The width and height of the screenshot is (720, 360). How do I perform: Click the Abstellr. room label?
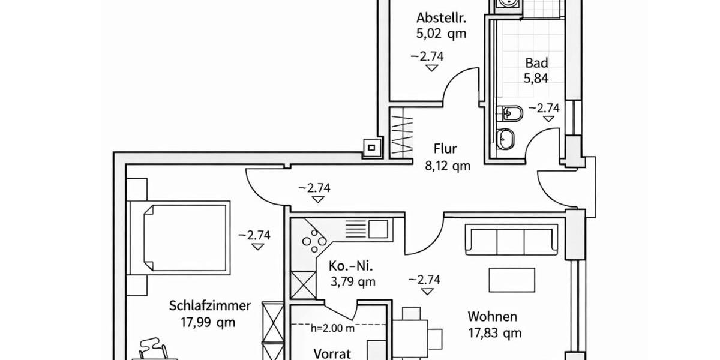(x=441, y=17)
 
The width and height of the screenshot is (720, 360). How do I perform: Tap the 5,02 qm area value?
(x=441, y=34)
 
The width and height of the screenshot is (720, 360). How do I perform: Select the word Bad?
(x=536, y=62)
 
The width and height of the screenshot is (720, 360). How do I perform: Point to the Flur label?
(x=445, y=149)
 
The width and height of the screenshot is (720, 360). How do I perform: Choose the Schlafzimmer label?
(x=209, y=306)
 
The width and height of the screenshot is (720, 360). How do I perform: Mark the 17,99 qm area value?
(x=208, y=322)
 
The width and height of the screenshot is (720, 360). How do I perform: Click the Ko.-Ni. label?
(x=349, y=265)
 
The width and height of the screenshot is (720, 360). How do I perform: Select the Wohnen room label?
(x=492, y=316)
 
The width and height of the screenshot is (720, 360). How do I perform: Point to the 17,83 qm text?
(x=494, y=332)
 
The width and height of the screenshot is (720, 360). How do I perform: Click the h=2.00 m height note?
(x=332, y=328)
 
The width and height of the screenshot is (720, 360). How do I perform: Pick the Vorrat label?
(x=332, y=354)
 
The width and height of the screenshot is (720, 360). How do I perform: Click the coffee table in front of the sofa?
(x=511, y=280)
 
